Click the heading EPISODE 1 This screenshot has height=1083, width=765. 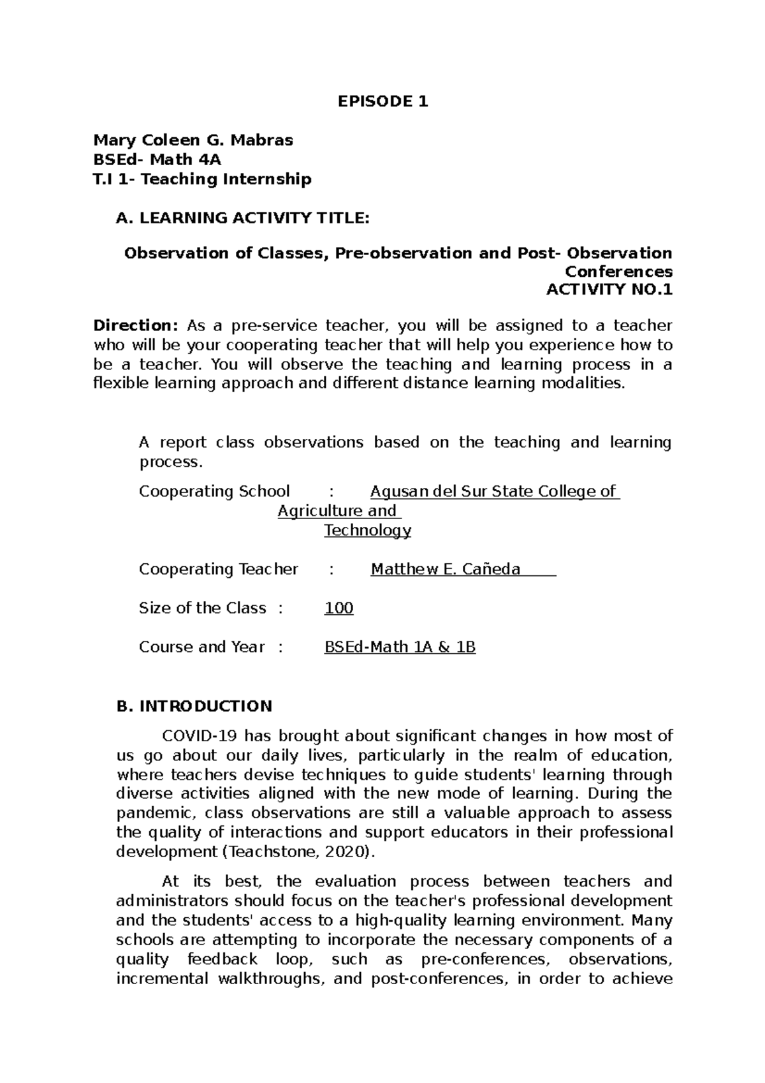[382, 101]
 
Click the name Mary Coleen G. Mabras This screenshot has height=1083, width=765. [193, 140]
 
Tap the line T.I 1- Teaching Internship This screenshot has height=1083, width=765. [202, 179]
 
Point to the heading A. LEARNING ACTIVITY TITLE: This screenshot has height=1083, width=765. [242, 218]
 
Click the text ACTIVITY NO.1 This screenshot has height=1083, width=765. [609, 290]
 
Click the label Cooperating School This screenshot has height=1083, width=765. [214, 491]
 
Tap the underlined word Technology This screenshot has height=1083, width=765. [367, 531]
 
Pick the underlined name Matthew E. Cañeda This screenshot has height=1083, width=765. [446, 569]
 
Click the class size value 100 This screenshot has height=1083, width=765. [339, 608]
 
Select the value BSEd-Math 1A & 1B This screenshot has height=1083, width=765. [400, 647]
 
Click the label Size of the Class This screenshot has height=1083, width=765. [202, 608]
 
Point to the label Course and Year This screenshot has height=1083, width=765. [201, 647]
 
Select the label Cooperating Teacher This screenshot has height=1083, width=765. [218, 569]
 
